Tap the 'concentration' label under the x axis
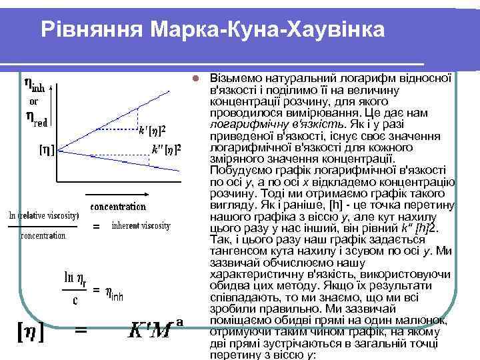[118, 206]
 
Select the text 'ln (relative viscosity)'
[44, 215]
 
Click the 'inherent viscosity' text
[141, 225]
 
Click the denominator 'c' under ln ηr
[75, 301]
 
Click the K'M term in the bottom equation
[150, 331]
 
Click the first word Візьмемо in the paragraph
[232, 77]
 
